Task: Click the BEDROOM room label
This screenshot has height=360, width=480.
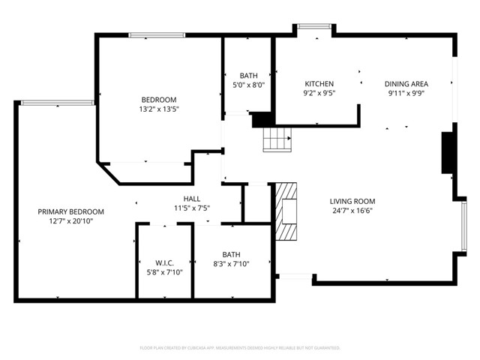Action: tap(159, 100)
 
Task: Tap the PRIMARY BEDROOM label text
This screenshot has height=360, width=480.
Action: tap(70, 211)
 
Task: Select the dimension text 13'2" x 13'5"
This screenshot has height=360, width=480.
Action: tap(159, 109)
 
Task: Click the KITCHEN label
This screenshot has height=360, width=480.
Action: tap(319, 84)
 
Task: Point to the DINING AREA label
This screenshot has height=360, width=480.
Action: tap(406, 84)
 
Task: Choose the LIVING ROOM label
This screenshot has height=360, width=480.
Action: tap(352, 201)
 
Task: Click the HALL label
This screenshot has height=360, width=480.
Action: tap(191, 198)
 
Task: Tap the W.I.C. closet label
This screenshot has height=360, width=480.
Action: tap(165, 262)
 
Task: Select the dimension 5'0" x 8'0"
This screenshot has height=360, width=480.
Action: tap(248, 85)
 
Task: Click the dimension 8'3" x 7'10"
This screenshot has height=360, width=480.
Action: tap(231, 263)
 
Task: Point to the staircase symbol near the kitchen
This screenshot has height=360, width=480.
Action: tap(276, 139)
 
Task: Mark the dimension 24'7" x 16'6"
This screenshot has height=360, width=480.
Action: tap(352, 211)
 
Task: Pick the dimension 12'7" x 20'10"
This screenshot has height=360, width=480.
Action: tap(70, 221)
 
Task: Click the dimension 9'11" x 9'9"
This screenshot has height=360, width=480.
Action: tap(406, 93)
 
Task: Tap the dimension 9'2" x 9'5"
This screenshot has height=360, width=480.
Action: tap(319, 93)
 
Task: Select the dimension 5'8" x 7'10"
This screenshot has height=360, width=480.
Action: tap(165, 271)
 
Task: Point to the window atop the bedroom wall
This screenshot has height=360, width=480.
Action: tap(157, 34)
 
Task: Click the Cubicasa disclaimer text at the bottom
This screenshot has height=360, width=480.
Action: tap(240, 348)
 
